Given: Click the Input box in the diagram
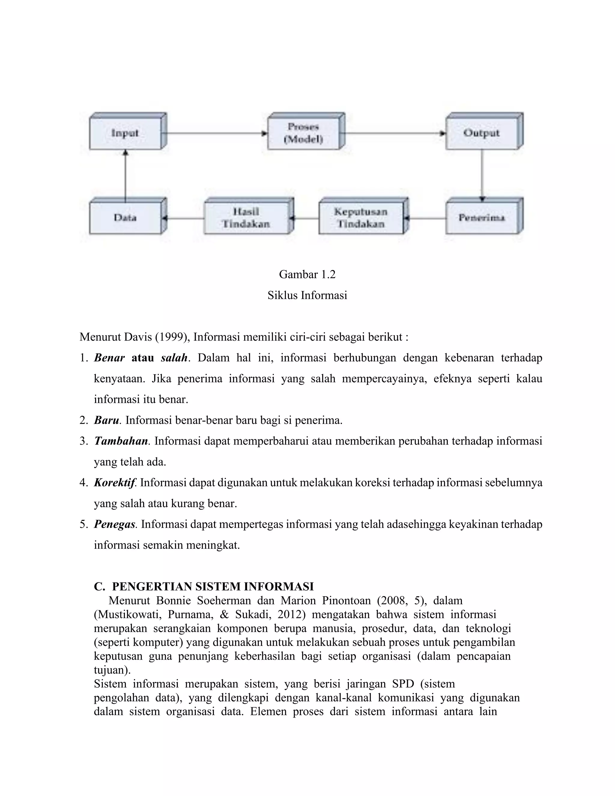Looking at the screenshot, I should (125, 133).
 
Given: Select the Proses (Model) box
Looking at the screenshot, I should (304, 133).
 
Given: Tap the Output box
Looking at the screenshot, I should (481, 133).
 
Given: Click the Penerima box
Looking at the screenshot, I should (481, 218).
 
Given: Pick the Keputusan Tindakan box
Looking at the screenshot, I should (361, 218).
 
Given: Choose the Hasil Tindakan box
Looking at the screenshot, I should (246, 218).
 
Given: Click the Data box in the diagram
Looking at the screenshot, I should (125, 218).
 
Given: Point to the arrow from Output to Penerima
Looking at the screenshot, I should (482, 175).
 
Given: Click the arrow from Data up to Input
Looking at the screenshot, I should (125, 175).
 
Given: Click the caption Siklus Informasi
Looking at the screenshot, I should (307, 295).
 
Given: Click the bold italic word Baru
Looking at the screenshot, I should (106, 420).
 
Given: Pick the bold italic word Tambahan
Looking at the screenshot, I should (121, 441).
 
